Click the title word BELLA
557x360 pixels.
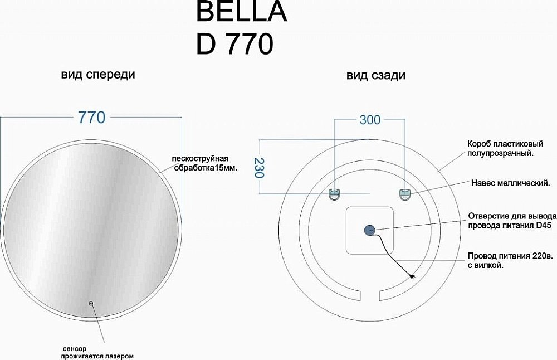pyautogui.click(x=241, y=12)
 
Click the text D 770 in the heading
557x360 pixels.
pyautogui.click(x=234, y=44)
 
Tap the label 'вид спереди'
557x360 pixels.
pyautogui.click(x=98, y=75)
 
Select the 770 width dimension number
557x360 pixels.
pyautogui.click(x=91, y=118)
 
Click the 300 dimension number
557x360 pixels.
pyautogui.click(x=370, y=120)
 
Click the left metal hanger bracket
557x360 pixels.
pyautogui.click(x=334, y=194)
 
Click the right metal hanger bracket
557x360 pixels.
pyautogui.click(x=404, y=194)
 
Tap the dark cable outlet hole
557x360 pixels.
pyautogui.click(x=370, y=230)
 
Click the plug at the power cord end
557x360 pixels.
pyautogui.click(x=412, y=275)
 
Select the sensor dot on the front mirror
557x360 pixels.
pyautogui.click(x=90, y=304)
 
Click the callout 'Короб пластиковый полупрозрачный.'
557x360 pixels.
pyautogui.click(x=501, y=148)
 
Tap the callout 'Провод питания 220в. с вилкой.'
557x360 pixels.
pyautogui.click(x=510, y=261)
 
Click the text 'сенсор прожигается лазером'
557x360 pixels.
pyautogui.click(x=98, y=352)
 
